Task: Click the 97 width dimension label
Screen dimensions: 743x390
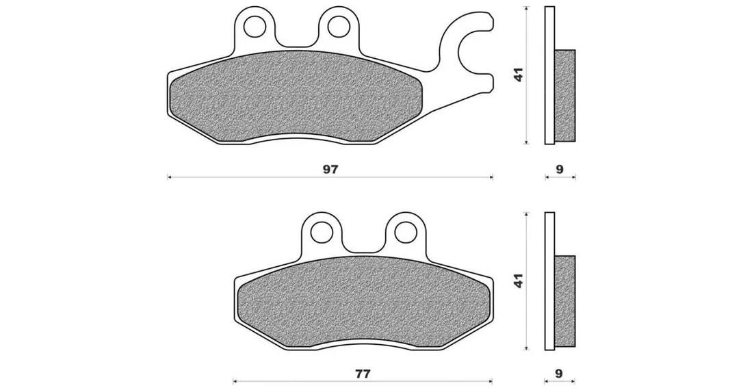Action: click(x=330, y=169)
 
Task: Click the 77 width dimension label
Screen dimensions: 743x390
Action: click(x=363, y=374)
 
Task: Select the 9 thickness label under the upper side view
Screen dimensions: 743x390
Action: click(x=560, y=169)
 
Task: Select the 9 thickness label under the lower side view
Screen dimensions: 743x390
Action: click(x=559, y=374)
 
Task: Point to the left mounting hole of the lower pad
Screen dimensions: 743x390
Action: click(x=322, y=231)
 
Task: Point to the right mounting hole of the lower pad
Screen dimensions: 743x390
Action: click(x=404, y=231)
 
